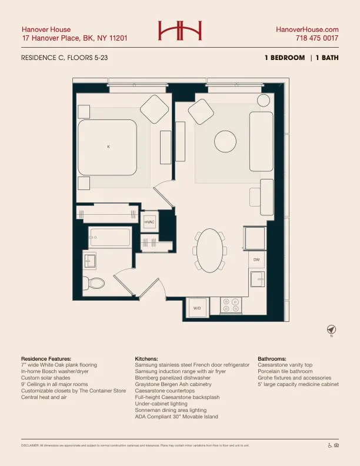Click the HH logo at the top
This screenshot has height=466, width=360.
point(180,31)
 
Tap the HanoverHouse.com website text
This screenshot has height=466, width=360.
point(307,29)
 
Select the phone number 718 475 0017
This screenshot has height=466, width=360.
point(316,38)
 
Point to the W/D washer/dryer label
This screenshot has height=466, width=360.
point(197,308)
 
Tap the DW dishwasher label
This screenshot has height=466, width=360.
point(256,259)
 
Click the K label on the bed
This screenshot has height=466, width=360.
point(108,147)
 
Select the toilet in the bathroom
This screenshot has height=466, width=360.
point(94,282)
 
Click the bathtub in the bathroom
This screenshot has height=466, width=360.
point(109,238)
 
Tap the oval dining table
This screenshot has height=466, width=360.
point(211,249)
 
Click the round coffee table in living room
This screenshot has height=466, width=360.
point(225,141)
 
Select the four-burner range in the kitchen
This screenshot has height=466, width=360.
point(231,305)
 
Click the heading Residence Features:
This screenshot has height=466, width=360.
point(46,358)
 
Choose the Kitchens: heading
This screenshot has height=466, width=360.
point(146,358)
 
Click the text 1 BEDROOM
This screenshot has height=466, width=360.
point(285,58)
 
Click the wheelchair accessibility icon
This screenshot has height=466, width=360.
point(329,445)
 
